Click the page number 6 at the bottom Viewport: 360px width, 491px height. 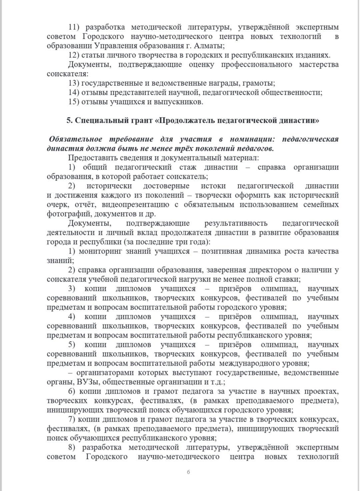[188, 472]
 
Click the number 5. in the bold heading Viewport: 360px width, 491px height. [69, 120]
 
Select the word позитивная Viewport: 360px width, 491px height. [221, 251]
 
